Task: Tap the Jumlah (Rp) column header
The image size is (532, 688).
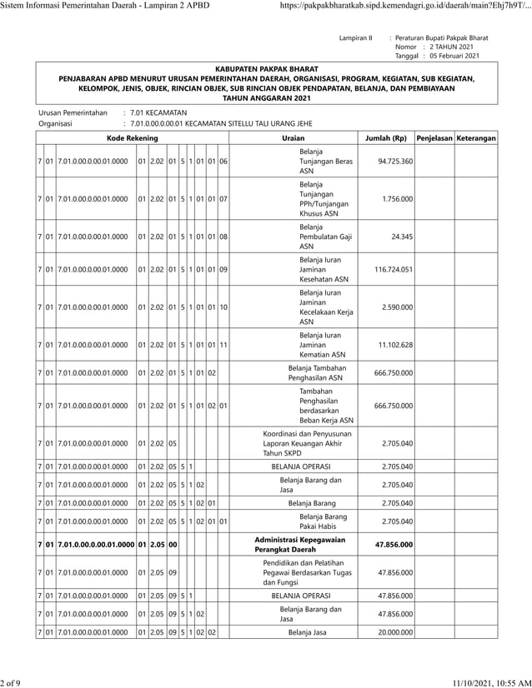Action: [386, 137]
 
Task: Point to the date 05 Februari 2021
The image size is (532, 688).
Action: [454, 56]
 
